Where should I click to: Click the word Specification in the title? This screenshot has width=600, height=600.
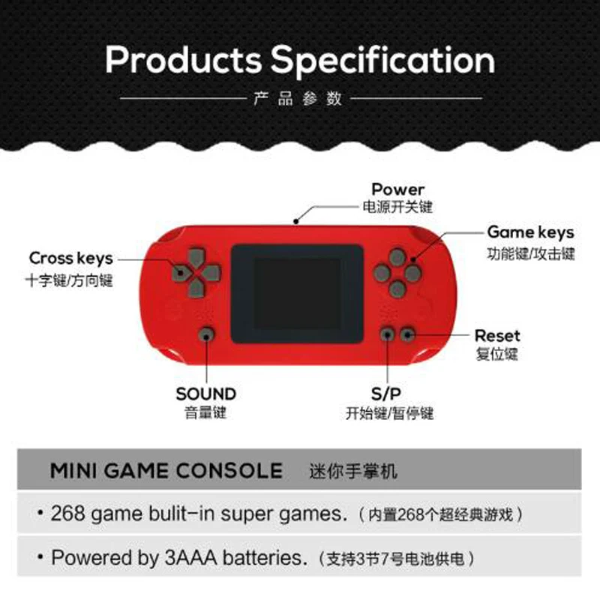[x=382, y=61]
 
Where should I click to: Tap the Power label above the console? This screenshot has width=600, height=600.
[x=398, y=190]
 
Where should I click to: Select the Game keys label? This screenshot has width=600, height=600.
[x=531, y=232]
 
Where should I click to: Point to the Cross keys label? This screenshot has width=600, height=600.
[x=71, y=259]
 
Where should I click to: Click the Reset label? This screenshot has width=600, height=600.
[x=497, y=336]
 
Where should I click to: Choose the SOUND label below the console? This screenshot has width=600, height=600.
[x=205, y=394]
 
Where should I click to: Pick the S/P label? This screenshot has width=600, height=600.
[x=386, y=394]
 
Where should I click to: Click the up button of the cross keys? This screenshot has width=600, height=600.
[x=196, y=258]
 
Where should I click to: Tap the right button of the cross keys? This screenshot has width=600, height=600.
[x=211, y=273]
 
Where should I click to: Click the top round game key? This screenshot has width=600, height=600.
[x=397, y=257]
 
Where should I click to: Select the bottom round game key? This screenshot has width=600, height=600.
[x=397, y=289]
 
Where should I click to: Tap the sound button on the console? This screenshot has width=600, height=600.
[x=207, y=335]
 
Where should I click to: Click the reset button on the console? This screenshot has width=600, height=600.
[x=407, y=334]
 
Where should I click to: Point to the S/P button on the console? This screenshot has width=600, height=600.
[x=387, y=334]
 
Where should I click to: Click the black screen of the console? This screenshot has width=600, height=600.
[x=297, y=293]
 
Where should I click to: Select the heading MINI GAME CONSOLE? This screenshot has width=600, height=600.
[x=166, y=471]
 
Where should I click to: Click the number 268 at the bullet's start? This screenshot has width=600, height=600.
[x=68, y=514]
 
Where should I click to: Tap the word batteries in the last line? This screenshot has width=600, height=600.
[x=265, y=557]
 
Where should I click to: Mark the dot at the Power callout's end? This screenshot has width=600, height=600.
[x=295, y=221]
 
